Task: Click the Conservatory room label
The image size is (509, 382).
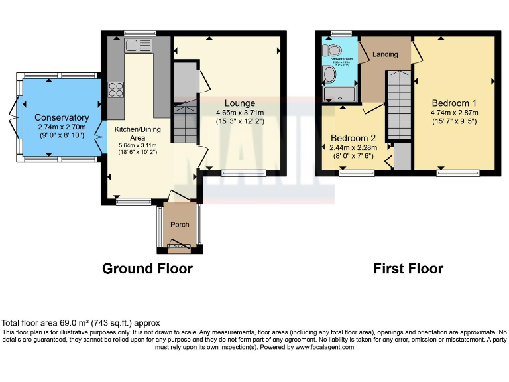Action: point(62,117)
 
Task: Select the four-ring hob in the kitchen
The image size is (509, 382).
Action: point(115,89)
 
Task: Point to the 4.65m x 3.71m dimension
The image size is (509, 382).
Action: point(239,113)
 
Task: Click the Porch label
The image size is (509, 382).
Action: point(180,225)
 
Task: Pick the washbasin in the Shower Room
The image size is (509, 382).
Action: point(329,76)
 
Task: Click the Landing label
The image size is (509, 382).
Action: point(385,54)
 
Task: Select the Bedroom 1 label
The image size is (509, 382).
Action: point(454,103)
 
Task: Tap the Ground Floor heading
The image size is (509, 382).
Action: point(147,269)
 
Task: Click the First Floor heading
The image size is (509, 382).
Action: point(408,269)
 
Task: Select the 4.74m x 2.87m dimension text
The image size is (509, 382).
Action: point(454,113)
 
